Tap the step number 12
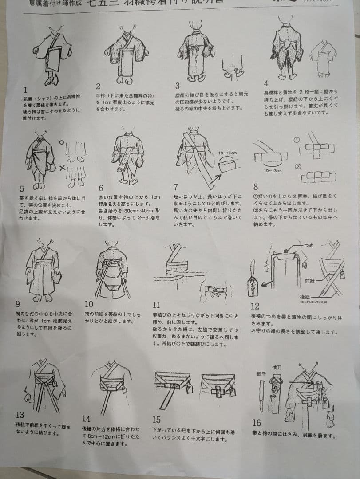point(255,306)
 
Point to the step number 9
point(18,304)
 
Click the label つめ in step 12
point(308,244)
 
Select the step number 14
point(86,418)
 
